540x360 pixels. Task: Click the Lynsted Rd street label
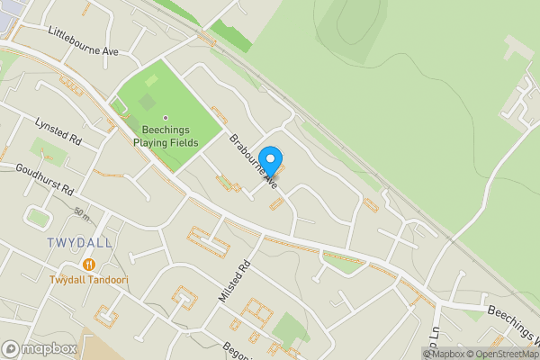(x=58, y=130)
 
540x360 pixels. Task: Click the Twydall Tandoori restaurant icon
(x=89, y=264)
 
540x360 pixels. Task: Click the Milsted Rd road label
(x=232, y=281)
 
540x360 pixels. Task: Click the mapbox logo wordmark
(x=49, y=348)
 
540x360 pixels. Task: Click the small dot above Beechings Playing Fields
(x=166, y=117)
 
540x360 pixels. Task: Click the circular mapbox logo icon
(x=11, y=348)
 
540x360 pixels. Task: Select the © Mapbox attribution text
(x=444, y=353)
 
